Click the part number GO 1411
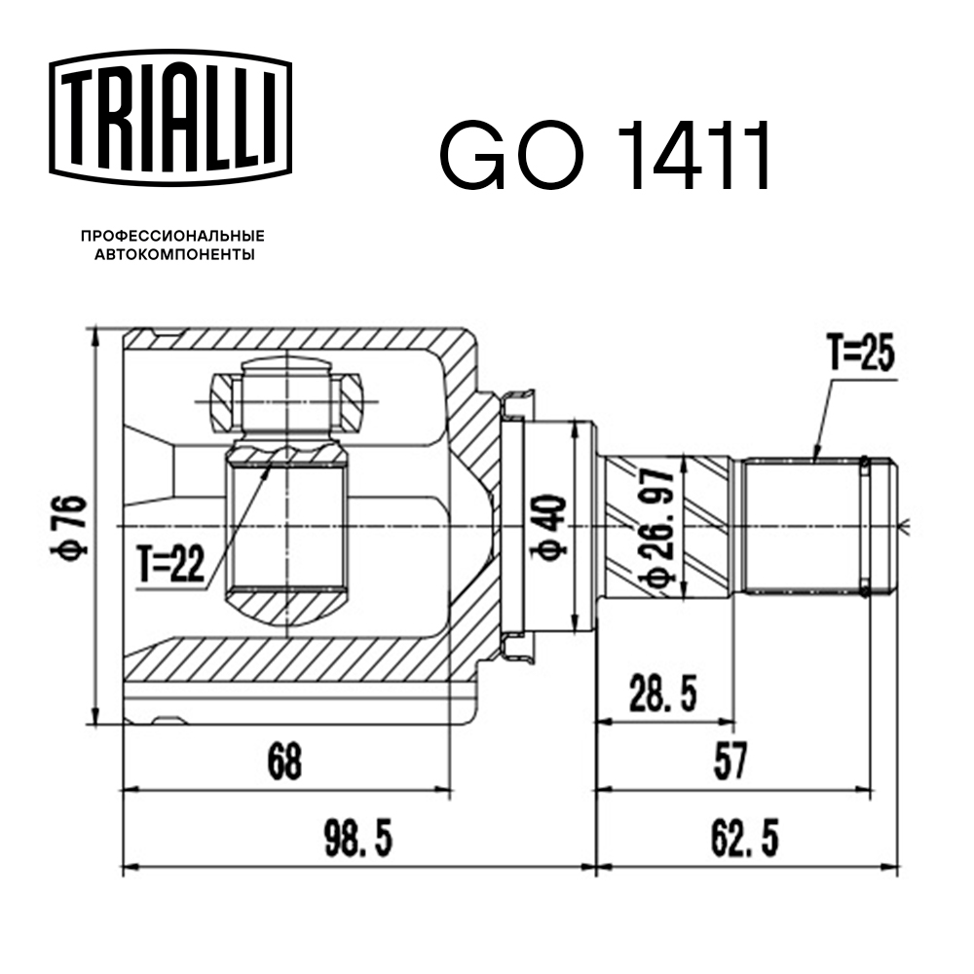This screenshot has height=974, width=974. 605,156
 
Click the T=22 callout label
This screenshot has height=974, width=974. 170,565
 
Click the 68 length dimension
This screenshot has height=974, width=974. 283,761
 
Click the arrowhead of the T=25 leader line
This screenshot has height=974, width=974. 816,456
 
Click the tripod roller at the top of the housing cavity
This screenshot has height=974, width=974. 288,399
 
